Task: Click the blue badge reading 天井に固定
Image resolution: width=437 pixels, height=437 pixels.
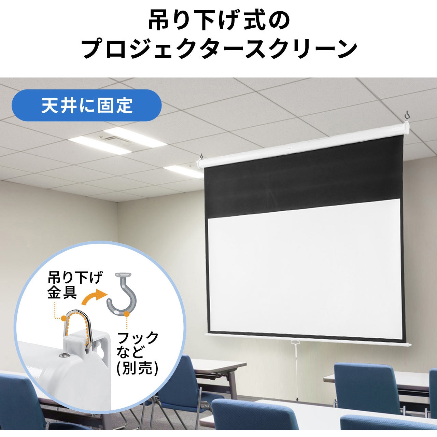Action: coord(86,105)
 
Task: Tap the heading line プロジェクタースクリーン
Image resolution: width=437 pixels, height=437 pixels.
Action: coord(219,49)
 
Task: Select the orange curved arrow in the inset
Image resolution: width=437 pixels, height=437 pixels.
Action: coord(94,297)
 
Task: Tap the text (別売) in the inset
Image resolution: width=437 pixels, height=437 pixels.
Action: coord(137,368)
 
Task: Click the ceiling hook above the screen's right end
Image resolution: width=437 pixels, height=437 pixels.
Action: coord(408,119)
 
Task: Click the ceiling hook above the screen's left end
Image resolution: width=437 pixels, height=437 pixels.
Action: coord(201,156)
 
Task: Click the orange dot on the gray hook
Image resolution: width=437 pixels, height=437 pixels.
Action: coord(127,314)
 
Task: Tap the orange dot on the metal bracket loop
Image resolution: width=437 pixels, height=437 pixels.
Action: coord(65,319)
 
